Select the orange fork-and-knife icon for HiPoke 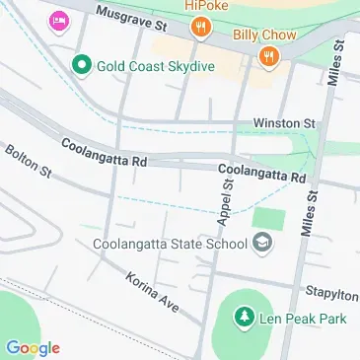pos(200,28)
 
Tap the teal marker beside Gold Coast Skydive pos(82,67)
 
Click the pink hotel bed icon pos(59,20)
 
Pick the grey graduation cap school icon pos(263,242)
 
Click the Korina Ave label pos(151,292)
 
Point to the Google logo pos(33,347)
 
